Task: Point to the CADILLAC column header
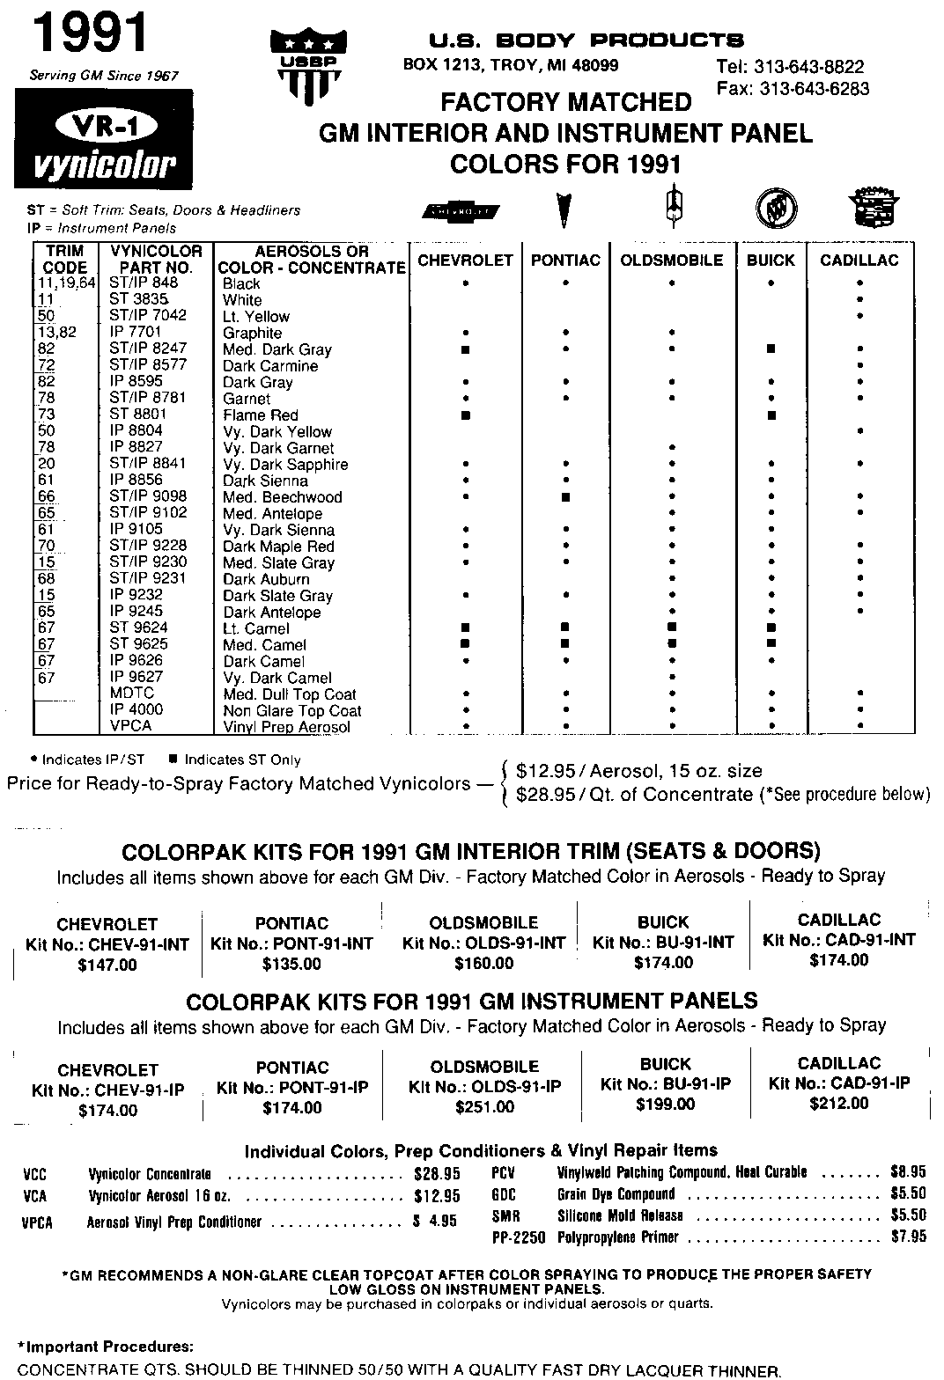(x=859, y=261)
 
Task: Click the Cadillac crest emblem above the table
(x=872, y=209)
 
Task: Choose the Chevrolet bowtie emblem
(x=461, y=211)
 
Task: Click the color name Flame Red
(x=261, y=415)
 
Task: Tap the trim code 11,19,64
(x=65, y=283)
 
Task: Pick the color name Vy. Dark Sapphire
(x=285, y=465)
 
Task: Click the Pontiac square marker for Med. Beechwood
(x=565, y=497)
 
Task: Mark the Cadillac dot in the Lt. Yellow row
(x=859, y=316)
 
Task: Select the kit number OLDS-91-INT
(x=483, y=943)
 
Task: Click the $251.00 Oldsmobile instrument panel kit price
(x=484, y=1107)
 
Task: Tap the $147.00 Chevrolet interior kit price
(x=107, y=965)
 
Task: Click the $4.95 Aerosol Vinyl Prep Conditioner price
(x=435, y=1222)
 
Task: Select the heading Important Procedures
(x=105, y=1347)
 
